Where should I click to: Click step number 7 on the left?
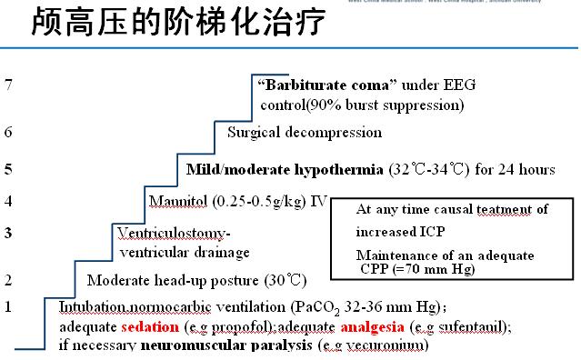[8, 85]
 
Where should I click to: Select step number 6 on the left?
[8, 132]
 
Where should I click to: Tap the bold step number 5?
[8, 169]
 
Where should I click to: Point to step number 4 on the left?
[8, 201]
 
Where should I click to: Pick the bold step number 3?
[8, 233]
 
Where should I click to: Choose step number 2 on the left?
[8, 279]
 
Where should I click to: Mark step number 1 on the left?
[8, 306]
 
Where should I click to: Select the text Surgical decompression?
[304, 132]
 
